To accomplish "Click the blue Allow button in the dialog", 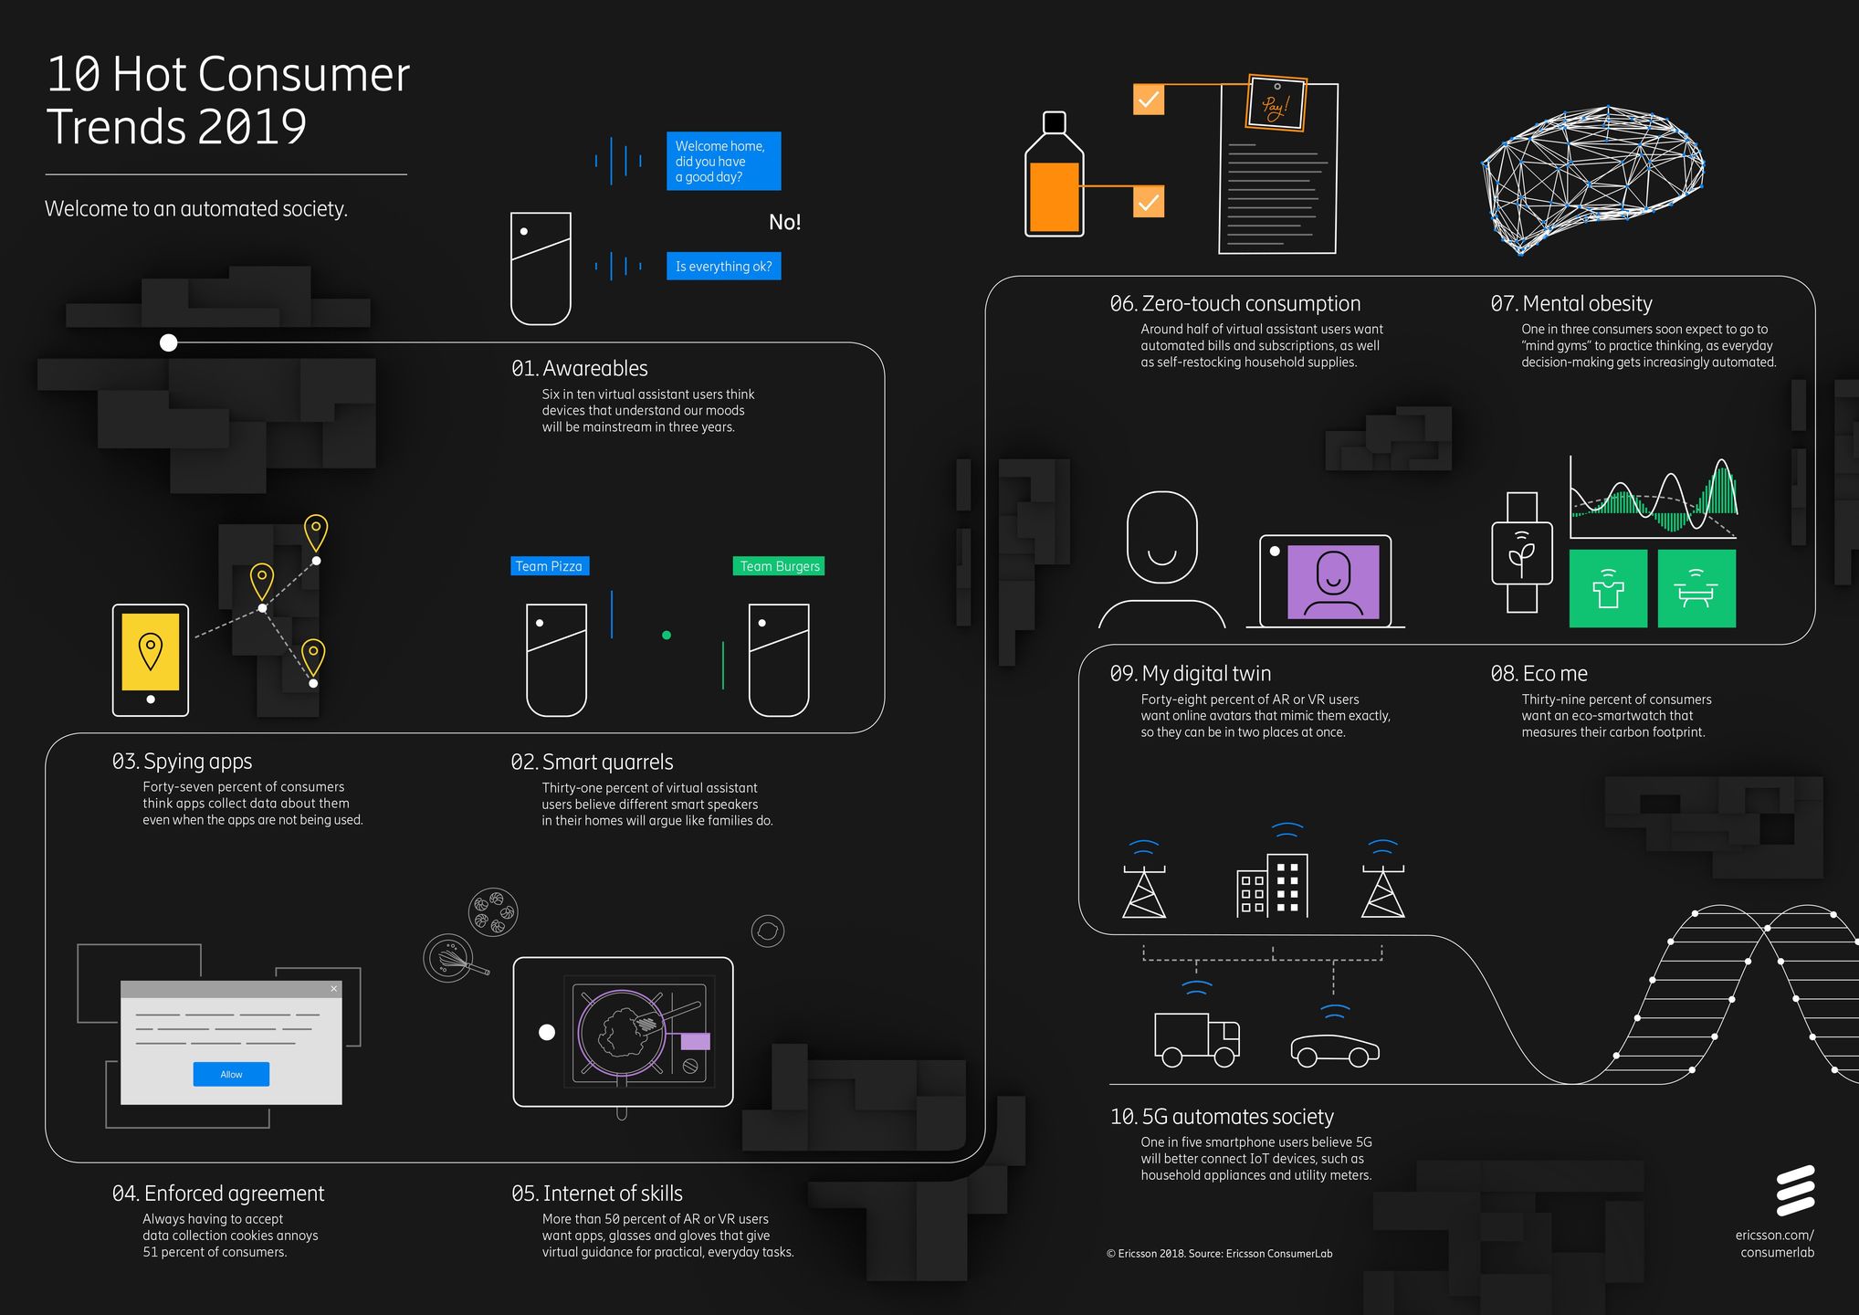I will click(x=231, y=1074).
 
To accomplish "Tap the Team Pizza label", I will click(x=549, y=566).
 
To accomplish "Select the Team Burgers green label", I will click(x=779, y=566).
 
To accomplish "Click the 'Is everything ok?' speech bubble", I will click(x=723, y=267).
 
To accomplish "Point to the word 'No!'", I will click(x=784, y=222).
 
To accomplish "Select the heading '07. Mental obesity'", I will click(x=1570, y=303).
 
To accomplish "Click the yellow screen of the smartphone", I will click(x=151, y=651).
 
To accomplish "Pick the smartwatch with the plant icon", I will click(x=1521, y=552).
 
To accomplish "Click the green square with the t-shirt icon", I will click(x=1608, y=589).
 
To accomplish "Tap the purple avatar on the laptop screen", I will click(x=1333, y=581).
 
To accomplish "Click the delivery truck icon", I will click(x=1196, y=1039).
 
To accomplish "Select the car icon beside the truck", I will click(x=1334, y=1049).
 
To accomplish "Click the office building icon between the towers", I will click(x=1273, y=884).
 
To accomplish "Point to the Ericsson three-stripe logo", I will click(x=1794, y=1191).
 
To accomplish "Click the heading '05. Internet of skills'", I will click(x=597, y=1194).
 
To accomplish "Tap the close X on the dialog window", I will click(x=334, y=989).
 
